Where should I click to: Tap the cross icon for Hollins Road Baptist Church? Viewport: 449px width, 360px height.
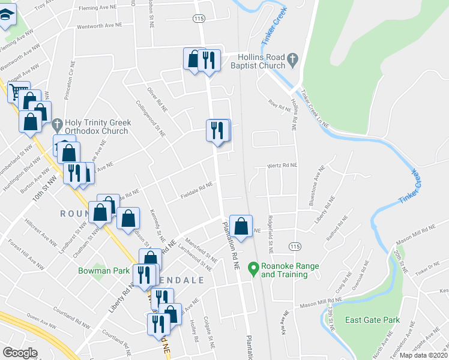point(292,59)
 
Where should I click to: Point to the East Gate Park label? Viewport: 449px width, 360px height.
point(372,320)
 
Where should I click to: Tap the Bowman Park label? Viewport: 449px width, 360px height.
point(104,271)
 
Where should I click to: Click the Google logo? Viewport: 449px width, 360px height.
point(20,353)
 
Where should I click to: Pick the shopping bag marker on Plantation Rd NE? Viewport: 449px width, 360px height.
point(241,226)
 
